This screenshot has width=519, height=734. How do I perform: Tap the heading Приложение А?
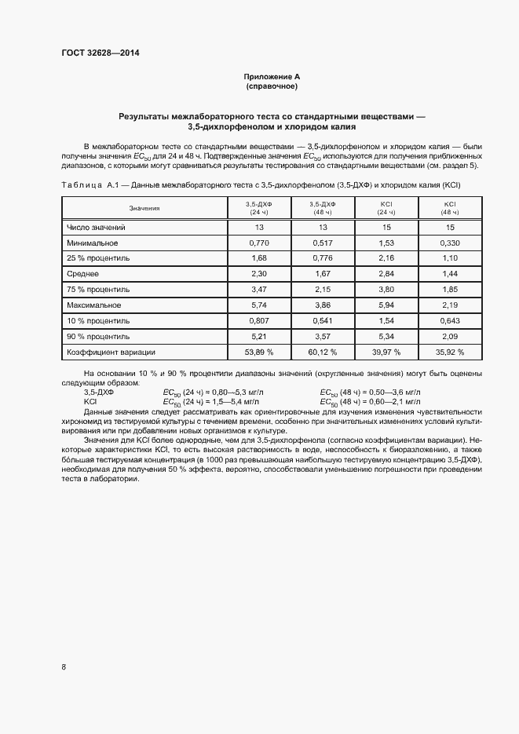(x=272, y=76)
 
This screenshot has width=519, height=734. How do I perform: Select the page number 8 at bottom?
(x=64, y=667)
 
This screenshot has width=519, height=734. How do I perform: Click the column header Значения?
(x=144, y=208)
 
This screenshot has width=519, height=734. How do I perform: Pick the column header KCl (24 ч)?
(x=386, y=208)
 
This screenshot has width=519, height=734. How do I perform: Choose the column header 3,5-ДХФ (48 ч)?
(x=323, y=208)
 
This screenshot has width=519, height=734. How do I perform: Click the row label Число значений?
(x=96, y=227)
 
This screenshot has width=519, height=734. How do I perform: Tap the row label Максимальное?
(x=93, y=305)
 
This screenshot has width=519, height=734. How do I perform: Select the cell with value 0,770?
(x=259, y=243)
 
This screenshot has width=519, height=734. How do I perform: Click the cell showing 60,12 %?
(x=323, y=352)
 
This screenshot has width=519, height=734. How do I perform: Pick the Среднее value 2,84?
(x=386, y=274)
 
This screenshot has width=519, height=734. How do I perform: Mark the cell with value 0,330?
(x=450, y=243)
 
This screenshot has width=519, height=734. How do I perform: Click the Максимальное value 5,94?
(x=386, y=305)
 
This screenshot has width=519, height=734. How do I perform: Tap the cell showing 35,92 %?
(x=450, y=352)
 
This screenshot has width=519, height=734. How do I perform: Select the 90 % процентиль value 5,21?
(x=259, y=336)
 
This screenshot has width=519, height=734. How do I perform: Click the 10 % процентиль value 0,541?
(x=323, y=320)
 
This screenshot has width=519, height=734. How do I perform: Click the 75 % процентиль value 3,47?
(x=259, y=290)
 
